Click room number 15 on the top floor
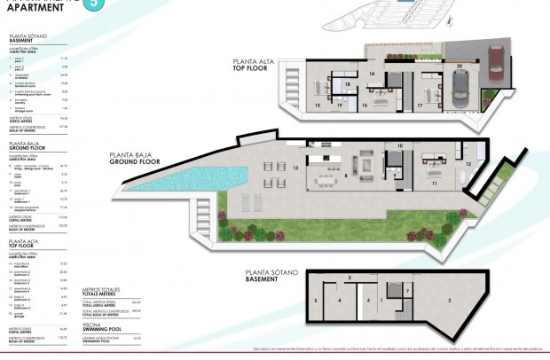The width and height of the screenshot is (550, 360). coord(317,105)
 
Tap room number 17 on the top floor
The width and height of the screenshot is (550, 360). coord(420,105)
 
